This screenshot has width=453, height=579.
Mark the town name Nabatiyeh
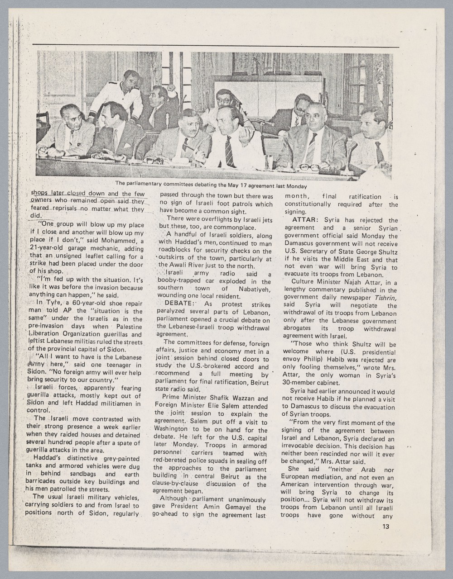pyautogui.click(x=251, y=289)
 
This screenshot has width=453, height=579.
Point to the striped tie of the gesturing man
pyautogui.click(x=229, y=151)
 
